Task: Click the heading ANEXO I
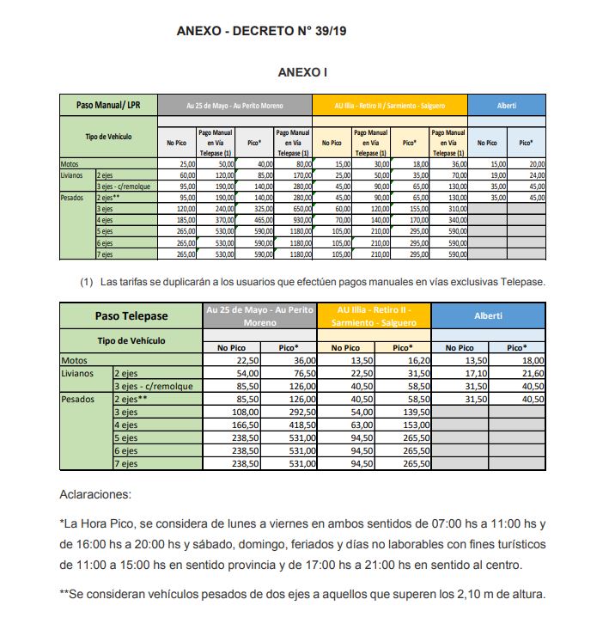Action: click(303, 73)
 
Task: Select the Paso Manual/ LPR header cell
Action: click(107, 105)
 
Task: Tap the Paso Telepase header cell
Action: click(131, 315)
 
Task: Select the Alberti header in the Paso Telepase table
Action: click(488, 315)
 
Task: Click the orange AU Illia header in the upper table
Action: click(389, 105)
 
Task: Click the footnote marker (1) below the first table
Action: click(86, 282)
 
